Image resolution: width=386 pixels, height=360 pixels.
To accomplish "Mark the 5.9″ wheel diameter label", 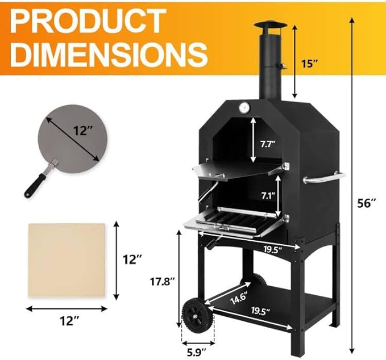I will [197, 351].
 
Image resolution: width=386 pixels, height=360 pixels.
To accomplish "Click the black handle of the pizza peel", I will [35, 183].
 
